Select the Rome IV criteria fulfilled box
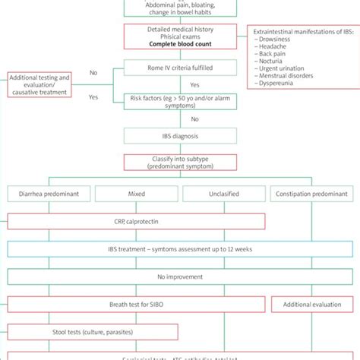click(180, 73)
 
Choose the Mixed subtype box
click(137, 194)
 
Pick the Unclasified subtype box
click(223, 194)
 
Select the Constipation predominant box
click(312, 194)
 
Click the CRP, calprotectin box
click(137, 221)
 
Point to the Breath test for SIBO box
click(137, 305)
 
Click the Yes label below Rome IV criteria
click(194, 85)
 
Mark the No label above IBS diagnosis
click(194, 118)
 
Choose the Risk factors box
click(180, 101)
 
